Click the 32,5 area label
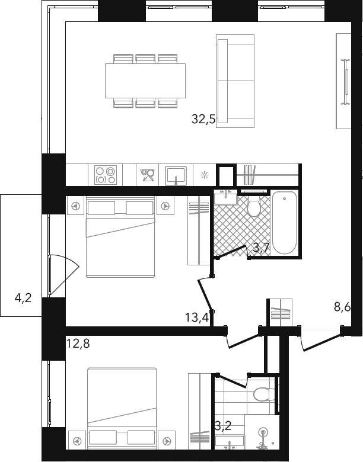point(203,119)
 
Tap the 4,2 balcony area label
point(23,299)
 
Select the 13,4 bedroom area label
point(197,317)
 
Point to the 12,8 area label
point(78,344)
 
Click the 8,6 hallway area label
point(342,307)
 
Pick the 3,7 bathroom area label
point(262,248)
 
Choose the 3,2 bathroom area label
point(223,426)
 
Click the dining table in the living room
point(145,81)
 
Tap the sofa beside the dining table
point(235,81)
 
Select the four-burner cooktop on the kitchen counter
point(106,175)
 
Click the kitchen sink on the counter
point(176,175)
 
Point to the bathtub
point(284,223)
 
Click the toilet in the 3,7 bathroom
point(253,206)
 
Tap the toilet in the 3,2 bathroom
point(264,394)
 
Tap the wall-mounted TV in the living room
point(345,82)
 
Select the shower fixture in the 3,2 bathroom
point(262,433)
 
